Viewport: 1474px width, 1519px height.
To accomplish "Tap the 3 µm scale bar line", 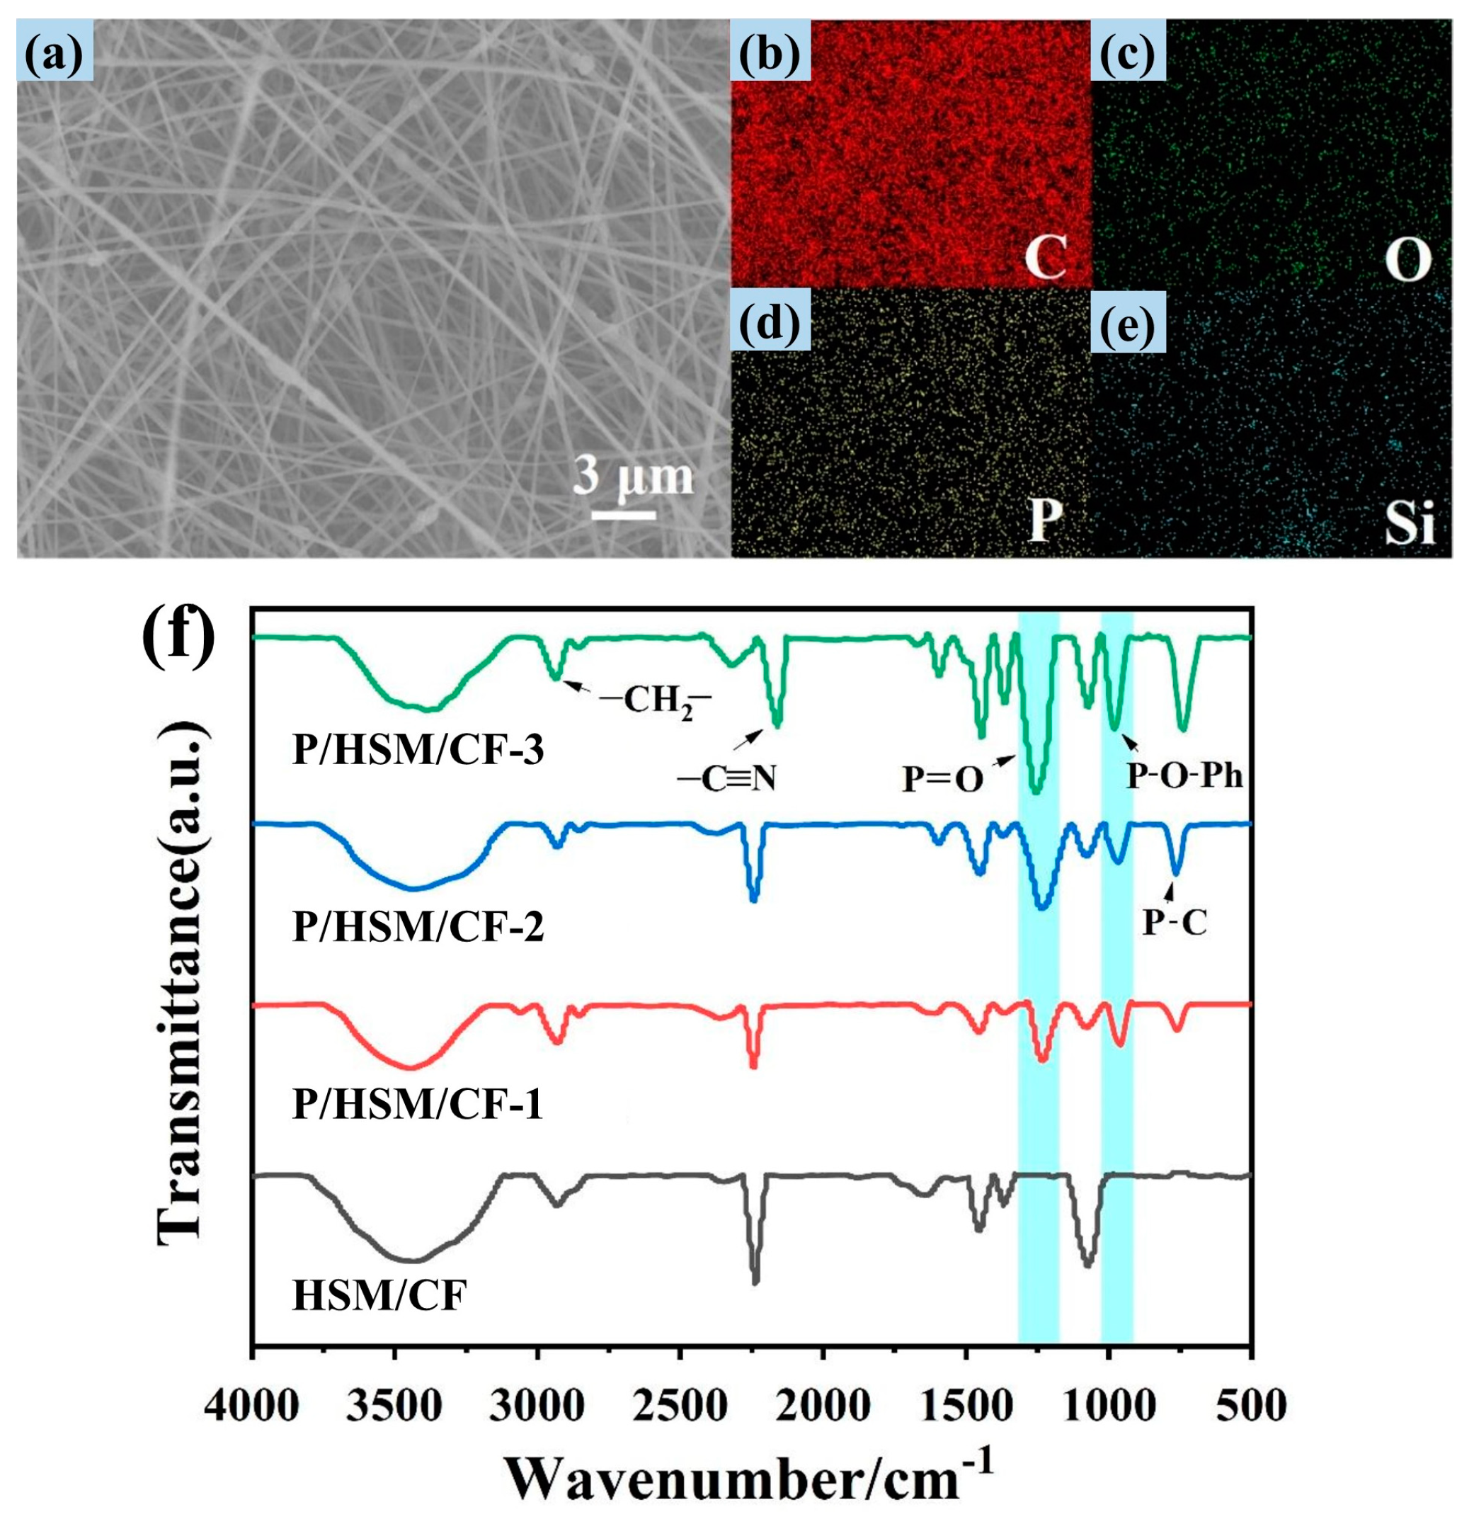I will pos(624,514).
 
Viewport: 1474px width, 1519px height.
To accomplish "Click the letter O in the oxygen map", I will pos(1407,261).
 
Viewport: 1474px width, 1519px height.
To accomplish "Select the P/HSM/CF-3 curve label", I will pos(418,750).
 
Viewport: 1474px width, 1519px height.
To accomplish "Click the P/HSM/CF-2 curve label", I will pos(418,927).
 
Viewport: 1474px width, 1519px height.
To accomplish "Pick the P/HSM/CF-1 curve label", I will pos(418,1105).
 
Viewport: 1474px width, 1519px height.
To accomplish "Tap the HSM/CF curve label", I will pos(379,1295).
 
